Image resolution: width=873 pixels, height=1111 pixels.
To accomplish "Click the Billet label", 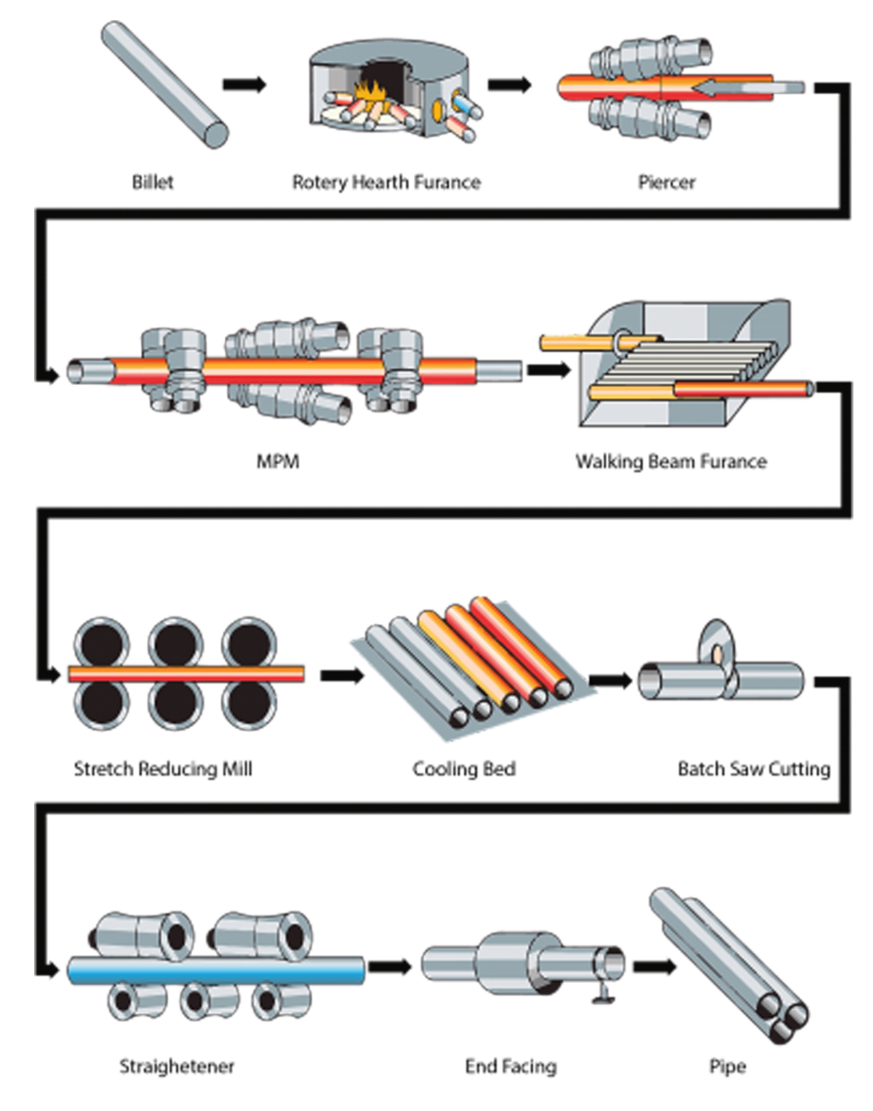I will coord(153,182).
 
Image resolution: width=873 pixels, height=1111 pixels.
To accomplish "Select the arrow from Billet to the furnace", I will coord(244,84).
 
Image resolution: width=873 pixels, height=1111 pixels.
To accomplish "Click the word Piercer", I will coord(666,182).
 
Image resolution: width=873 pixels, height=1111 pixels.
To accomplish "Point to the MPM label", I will coord(278,461).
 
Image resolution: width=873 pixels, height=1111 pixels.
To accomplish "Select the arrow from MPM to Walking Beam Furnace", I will coord(549,370).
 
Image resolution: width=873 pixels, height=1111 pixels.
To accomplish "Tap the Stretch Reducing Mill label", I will coord(163,769).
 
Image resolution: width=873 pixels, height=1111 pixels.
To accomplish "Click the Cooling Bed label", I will coord(464,769).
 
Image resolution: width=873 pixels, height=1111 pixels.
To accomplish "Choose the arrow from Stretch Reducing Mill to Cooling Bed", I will coord(342,676).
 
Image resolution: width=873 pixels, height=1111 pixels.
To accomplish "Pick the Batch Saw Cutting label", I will coord(754,769).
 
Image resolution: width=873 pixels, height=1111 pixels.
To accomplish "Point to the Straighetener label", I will coord(177,1067).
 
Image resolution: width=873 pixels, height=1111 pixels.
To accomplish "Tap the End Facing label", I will coord(511,1067).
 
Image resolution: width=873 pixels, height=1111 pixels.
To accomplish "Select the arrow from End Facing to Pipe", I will coord(654,967).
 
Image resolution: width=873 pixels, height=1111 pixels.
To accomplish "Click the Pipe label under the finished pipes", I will coord(727,1067).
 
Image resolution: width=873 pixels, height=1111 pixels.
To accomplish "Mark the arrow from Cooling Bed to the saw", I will coord(610,680).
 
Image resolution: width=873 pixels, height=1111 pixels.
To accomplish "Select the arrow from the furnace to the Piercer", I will coord(509,84).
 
